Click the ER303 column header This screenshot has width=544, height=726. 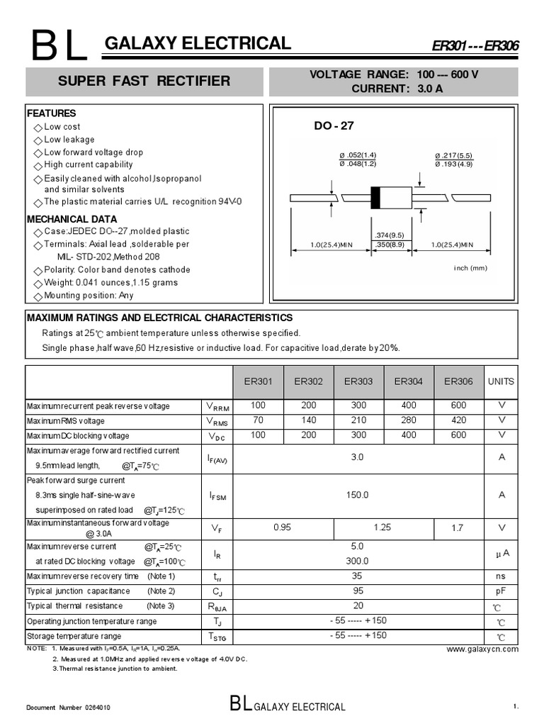click(x=358, y=381)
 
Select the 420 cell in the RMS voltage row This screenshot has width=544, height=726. click(x=458, y=420)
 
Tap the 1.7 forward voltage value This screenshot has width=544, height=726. click(x=458, y=527)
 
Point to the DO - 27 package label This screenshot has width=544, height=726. click(x=334, y=126)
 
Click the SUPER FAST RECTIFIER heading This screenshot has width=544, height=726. click(x=144, y=81)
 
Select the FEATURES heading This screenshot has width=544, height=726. click(x=51, y=113)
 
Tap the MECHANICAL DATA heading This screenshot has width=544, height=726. click(x=72, y=219)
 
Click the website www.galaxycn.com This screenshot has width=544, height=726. click(x=482, y=649)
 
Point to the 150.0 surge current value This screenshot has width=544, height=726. click(x=358, y=495)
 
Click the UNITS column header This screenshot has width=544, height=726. click(x=501, y=381)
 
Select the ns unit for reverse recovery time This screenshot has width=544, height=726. click(x=501, y=576)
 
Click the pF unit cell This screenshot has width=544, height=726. click(x=501, y=591)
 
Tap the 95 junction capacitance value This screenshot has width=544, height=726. click(x=358, y=591)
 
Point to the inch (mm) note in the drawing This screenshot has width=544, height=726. click(x=471, y=268)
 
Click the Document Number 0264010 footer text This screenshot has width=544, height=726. click(x=68, y=708)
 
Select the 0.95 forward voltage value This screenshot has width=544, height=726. click(x=283, y=527)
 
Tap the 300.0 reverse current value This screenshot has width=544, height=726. click(x=358, y=560)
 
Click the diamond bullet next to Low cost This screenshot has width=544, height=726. click(x=38, y=128)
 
